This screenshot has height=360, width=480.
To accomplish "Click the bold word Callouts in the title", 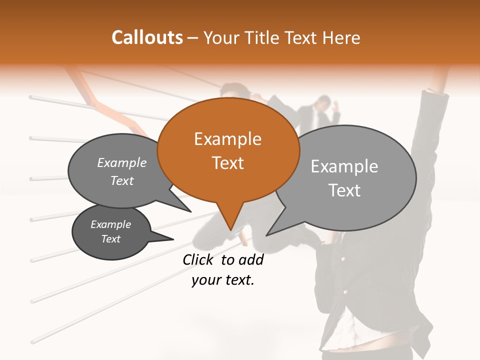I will [147, 37].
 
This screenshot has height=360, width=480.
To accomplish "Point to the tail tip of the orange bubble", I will [230, 229].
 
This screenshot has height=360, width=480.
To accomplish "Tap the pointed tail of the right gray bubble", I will [267, 234].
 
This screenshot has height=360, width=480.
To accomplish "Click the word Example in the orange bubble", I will [227, 139].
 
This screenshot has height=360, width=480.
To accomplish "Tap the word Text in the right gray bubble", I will [344, 190].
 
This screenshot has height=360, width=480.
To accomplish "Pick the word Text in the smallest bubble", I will [111, 239].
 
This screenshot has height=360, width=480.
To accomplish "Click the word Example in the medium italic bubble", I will [122, 163].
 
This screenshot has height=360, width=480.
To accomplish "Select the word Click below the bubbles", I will [198, 259].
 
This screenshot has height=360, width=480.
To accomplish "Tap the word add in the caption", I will [251, 259].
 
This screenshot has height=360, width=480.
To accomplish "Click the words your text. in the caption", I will [223, 280].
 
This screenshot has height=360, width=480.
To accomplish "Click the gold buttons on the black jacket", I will [342, 259].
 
